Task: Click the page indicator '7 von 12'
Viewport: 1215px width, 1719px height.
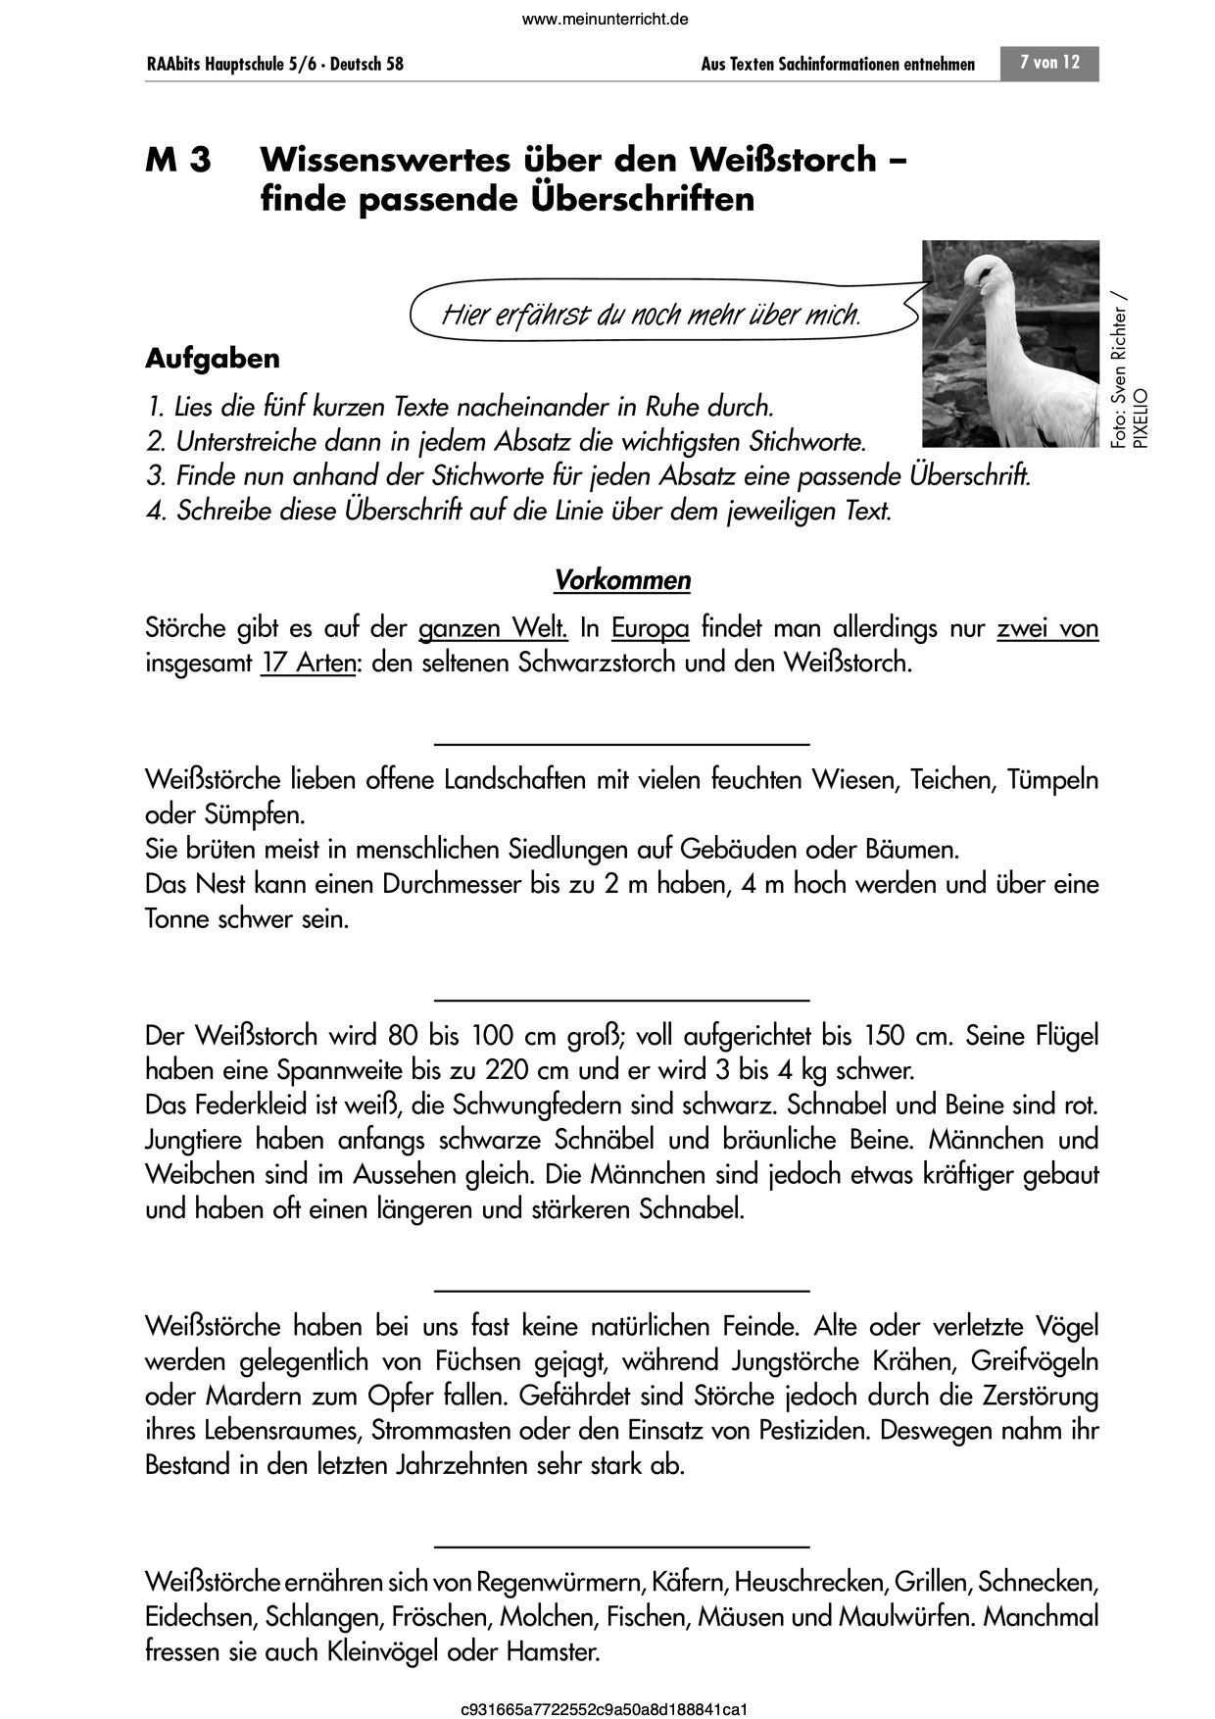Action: (1049, 63)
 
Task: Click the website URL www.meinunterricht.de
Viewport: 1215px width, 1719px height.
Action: (607, 19)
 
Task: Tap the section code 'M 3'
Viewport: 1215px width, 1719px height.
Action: (178, 160)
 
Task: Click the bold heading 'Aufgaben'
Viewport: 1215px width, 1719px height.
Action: (213, 359)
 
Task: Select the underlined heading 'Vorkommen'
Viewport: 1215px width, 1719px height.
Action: (622, 580)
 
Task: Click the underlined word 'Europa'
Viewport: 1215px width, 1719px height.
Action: (651, 627)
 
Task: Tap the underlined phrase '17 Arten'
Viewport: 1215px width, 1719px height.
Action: (309, 663)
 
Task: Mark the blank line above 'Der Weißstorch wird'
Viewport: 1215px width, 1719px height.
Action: (621, 1000)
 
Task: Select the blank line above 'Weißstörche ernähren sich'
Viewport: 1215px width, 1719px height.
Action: (621, 1547)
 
